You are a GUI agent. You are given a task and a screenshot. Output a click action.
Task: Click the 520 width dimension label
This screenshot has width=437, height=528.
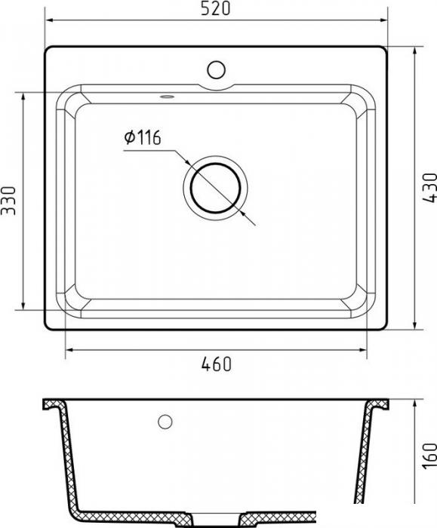tap(216, 8)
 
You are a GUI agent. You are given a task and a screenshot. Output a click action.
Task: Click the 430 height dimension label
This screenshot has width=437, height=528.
tap(429, 188)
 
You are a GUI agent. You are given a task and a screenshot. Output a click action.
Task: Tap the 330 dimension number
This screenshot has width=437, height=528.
tap(8, 201)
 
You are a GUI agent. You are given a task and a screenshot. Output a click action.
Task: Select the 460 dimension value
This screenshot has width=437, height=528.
tap(217, 364)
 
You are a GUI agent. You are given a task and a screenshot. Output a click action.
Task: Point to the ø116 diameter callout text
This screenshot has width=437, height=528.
tap(143, 137)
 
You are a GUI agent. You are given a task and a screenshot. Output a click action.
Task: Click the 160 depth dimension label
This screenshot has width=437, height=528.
tap(429, 456)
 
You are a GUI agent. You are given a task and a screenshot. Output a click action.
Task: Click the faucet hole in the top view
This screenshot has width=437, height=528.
tap(216, 69)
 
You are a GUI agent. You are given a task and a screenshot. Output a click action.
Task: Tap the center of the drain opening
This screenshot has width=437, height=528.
tap(215, 188)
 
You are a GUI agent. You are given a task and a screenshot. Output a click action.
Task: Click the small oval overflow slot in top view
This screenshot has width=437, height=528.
tap(167, 97)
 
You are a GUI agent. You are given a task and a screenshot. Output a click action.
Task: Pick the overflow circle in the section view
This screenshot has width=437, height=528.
tap(165, 422)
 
